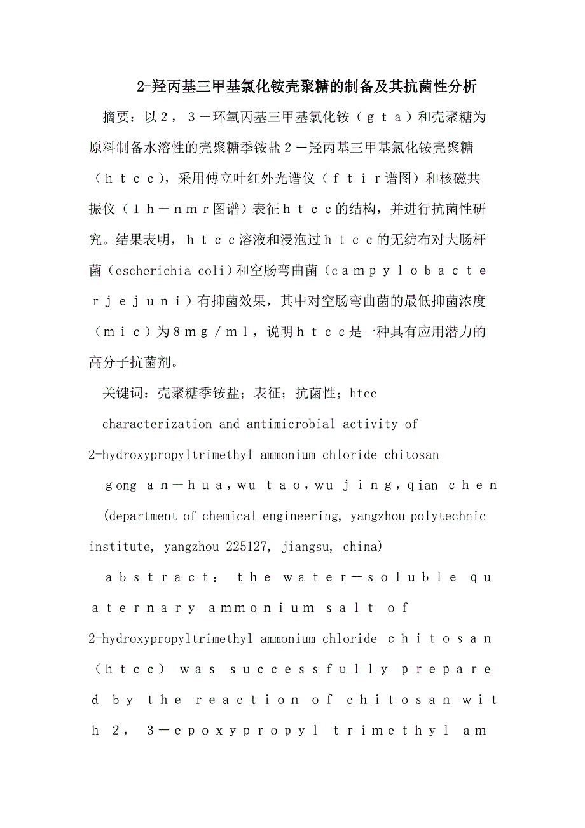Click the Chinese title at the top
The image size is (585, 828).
(x=307, y=86)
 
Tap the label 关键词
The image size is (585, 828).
(x=123, y=394)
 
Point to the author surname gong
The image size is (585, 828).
(x=121, y=485)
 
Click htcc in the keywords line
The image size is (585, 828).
(x=363, y=394)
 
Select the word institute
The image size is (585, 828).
(x=120, y=546)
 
